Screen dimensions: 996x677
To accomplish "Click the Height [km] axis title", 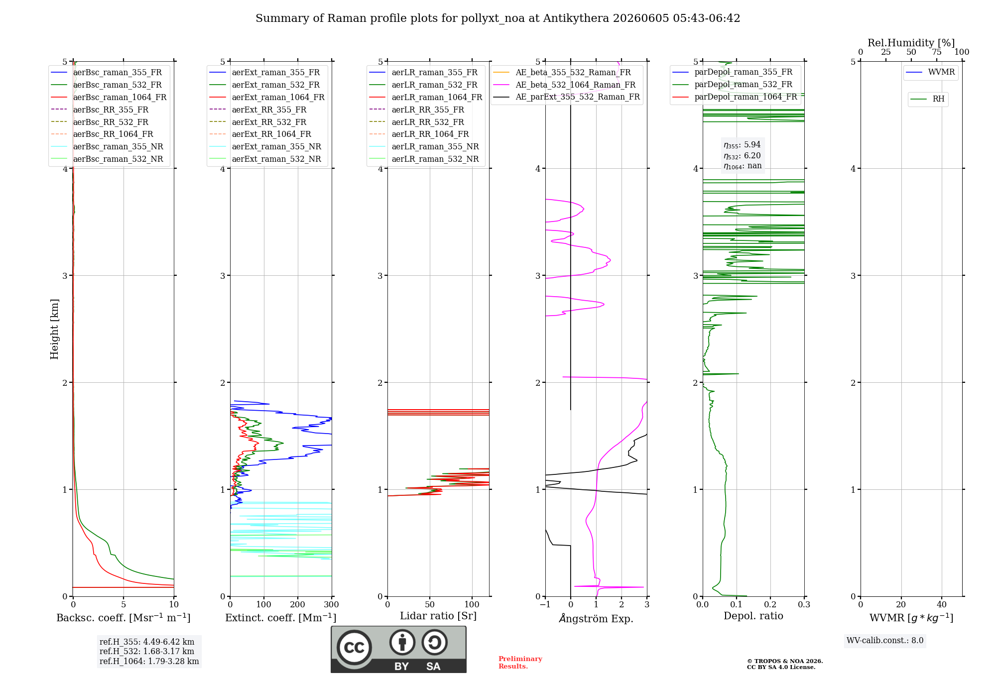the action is pyautogui.click(x=54, y=329).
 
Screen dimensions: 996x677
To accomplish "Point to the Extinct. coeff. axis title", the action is pyautogui.click(x=281, y=618).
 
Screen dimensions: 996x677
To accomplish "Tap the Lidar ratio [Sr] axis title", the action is pyautogui.click(x=438, y=616).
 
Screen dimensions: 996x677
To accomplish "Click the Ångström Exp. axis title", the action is pyautogui.click(x=596, y=618).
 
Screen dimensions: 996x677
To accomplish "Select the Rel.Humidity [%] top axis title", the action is pyautogui.click(x=911, y=43).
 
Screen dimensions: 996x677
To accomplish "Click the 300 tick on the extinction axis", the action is pyautogui.click(x=332, y=604).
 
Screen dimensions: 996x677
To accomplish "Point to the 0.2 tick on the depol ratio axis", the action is pyautogui.click(x=770, y=604).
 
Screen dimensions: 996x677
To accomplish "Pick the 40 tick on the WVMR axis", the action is pyautogui.click(x=942, y=604).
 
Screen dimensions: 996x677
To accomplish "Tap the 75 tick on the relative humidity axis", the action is pyautogui.click(x=937, y=52).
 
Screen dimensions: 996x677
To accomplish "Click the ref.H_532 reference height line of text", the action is pyautogui.click(x=147, y=651).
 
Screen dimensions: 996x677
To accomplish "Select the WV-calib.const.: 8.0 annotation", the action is pyautogui.click(x=885, y=640).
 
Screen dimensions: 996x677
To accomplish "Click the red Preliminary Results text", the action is pyautogui.click(x=520, y=663).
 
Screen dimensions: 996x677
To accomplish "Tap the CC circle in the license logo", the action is pyautogui.click(x=354, y=648).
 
